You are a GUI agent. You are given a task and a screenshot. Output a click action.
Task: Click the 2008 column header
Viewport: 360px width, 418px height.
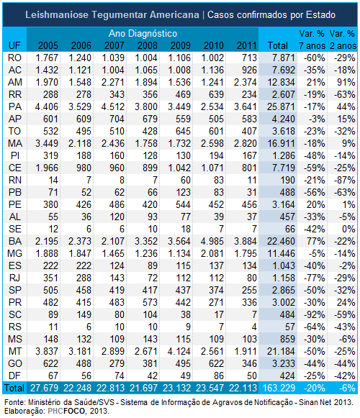(148, 45)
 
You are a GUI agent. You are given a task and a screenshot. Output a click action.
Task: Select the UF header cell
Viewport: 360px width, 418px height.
(14, 45)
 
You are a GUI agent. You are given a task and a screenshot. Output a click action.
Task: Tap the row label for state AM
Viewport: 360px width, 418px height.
(15, 82)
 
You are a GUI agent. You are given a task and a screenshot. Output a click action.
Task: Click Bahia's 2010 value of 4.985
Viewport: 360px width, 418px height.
(212, 242)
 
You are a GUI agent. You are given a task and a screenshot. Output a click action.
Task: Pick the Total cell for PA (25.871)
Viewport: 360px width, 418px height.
(281, 107)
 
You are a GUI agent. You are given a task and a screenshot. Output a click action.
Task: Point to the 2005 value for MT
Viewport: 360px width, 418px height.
(47, 352)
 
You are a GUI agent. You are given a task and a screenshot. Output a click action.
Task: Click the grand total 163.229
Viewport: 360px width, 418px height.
(279, 389)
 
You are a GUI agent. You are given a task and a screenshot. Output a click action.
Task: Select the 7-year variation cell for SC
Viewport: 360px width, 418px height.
(315, 315)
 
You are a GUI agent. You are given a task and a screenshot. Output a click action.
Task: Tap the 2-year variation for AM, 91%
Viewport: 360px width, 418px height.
(346, 82)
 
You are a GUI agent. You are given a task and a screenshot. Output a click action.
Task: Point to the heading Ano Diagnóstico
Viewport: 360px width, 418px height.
(143, 34)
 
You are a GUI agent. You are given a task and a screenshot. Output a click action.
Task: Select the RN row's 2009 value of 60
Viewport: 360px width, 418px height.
(186, 180)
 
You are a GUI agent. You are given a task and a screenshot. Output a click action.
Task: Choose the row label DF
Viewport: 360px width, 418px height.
(14, 376)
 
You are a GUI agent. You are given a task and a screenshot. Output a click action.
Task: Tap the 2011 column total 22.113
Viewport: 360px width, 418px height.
(243, 389)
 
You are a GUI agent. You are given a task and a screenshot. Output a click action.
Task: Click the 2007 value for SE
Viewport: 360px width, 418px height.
(122, 230)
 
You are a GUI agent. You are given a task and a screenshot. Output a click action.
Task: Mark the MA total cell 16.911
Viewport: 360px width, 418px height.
(281, 144)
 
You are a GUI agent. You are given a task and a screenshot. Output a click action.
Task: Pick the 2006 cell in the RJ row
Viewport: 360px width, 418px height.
(84, 278)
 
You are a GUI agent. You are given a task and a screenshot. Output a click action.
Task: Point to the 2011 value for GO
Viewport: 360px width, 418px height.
(249, 363)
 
